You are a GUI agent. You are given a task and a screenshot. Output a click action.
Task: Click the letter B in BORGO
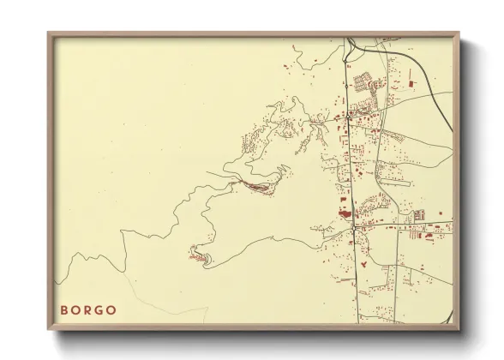pyautogui.click(x=64, y=309)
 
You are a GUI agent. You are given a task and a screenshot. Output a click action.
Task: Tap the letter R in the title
pyautogui.click(x=89, y=309)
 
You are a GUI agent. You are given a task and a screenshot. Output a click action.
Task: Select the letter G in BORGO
pyautogui.click(x=101, y=309)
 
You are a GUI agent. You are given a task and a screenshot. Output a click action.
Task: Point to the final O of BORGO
pyautogui.click(x=113, y=309)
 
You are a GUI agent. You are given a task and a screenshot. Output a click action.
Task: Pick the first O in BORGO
pyautogui.click(x=76, y=309)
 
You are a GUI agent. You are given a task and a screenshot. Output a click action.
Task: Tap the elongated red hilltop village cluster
pyautogui.click(x=255, y=185)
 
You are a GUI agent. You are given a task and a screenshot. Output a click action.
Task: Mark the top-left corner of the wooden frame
pyautogui.click(x=49, y=34)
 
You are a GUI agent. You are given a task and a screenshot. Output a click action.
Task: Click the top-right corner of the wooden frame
pyautogui.click(x=458, y=34)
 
